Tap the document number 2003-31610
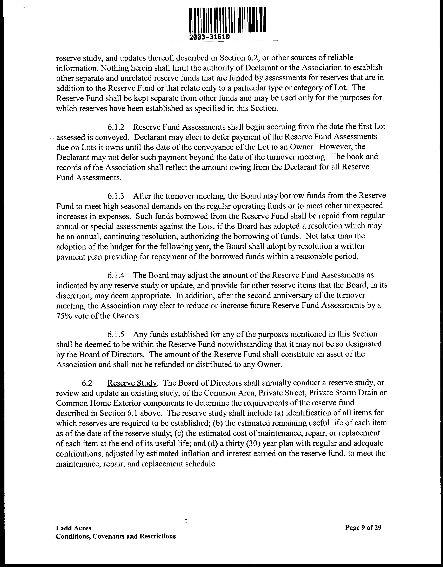(x=209, y=37)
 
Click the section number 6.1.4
(x=116, y=275)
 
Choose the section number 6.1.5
(x=116, y=334)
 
